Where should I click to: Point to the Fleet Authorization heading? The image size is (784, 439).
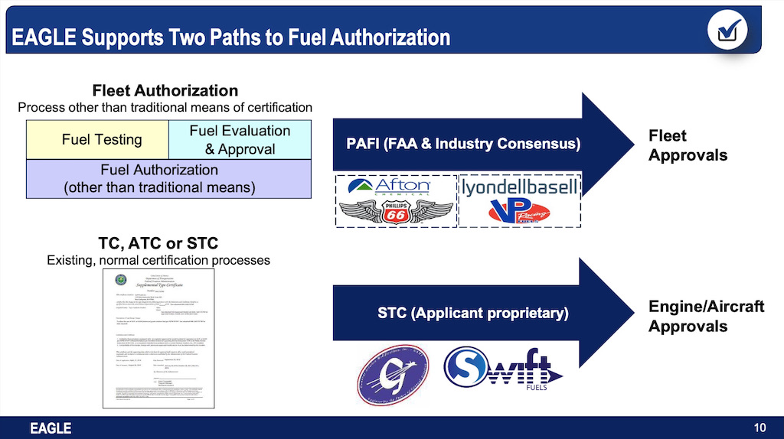click(x=165, y=91)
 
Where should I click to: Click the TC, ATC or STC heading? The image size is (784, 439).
click(x=158, y=243)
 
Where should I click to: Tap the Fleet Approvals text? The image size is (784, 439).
click(x=687, y=145)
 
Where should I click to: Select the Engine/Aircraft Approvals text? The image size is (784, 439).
click(x=706, y=316)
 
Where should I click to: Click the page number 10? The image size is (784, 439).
click(x=759, y=427)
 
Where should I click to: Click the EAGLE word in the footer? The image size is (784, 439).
click(x=51, y=428)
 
